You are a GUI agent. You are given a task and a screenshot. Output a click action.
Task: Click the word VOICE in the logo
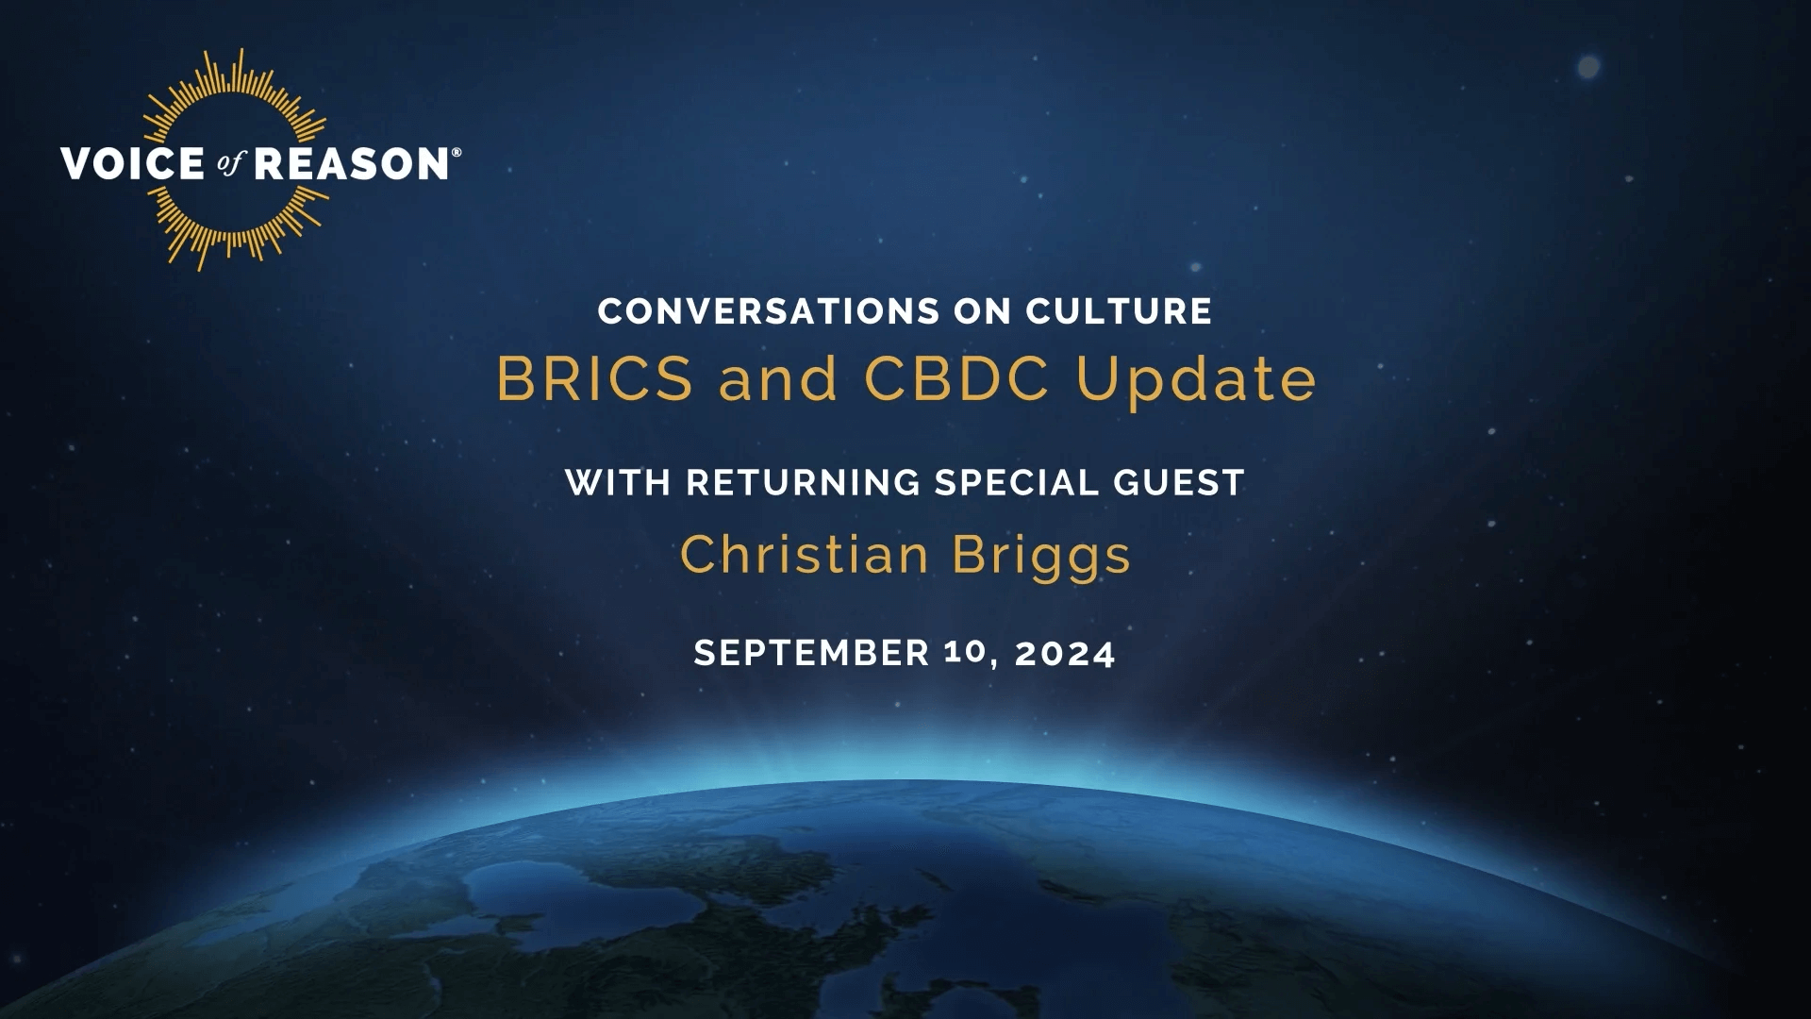(x=131, y=163)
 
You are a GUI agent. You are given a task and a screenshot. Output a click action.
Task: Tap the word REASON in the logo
(x=352, y=163)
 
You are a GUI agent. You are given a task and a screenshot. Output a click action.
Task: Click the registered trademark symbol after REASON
(x=457, y=151)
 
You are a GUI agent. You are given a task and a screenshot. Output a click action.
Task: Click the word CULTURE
(x=1119, y=311)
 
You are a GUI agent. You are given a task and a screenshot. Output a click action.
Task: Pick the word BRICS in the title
(x=594, y=379)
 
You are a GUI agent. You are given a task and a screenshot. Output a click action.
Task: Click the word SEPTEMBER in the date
(x=812, y=653)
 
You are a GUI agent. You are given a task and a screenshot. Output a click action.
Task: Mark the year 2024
(x=1066, y=653)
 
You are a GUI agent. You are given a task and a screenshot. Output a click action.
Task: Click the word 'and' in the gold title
(x=778, y=379)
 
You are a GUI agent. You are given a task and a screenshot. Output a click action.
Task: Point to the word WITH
(x=618, y=483)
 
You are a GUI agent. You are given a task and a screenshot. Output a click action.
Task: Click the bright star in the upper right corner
(x=1589, y=67)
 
